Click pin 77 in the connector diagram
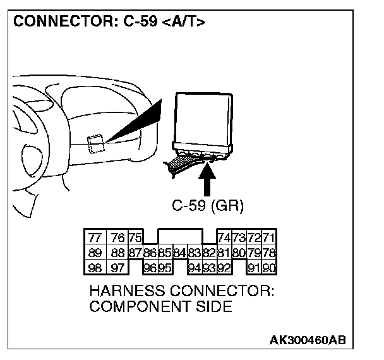[95, 238]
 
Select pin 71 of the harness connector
[269, 238]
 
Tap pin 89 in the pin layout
[95, 253]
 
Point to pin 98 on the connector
[95, 267]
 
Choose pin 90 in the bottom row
[269, 267]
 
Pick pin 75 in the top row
[135, 238]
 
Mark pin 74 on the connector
[224, 238]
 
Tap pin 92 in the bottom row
[225, 267]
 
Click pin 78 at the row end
[269, 253]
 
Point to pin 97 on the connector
[117, 267]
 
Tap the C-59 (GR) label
[208, 205]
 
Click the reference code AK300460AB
[308, 340]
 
